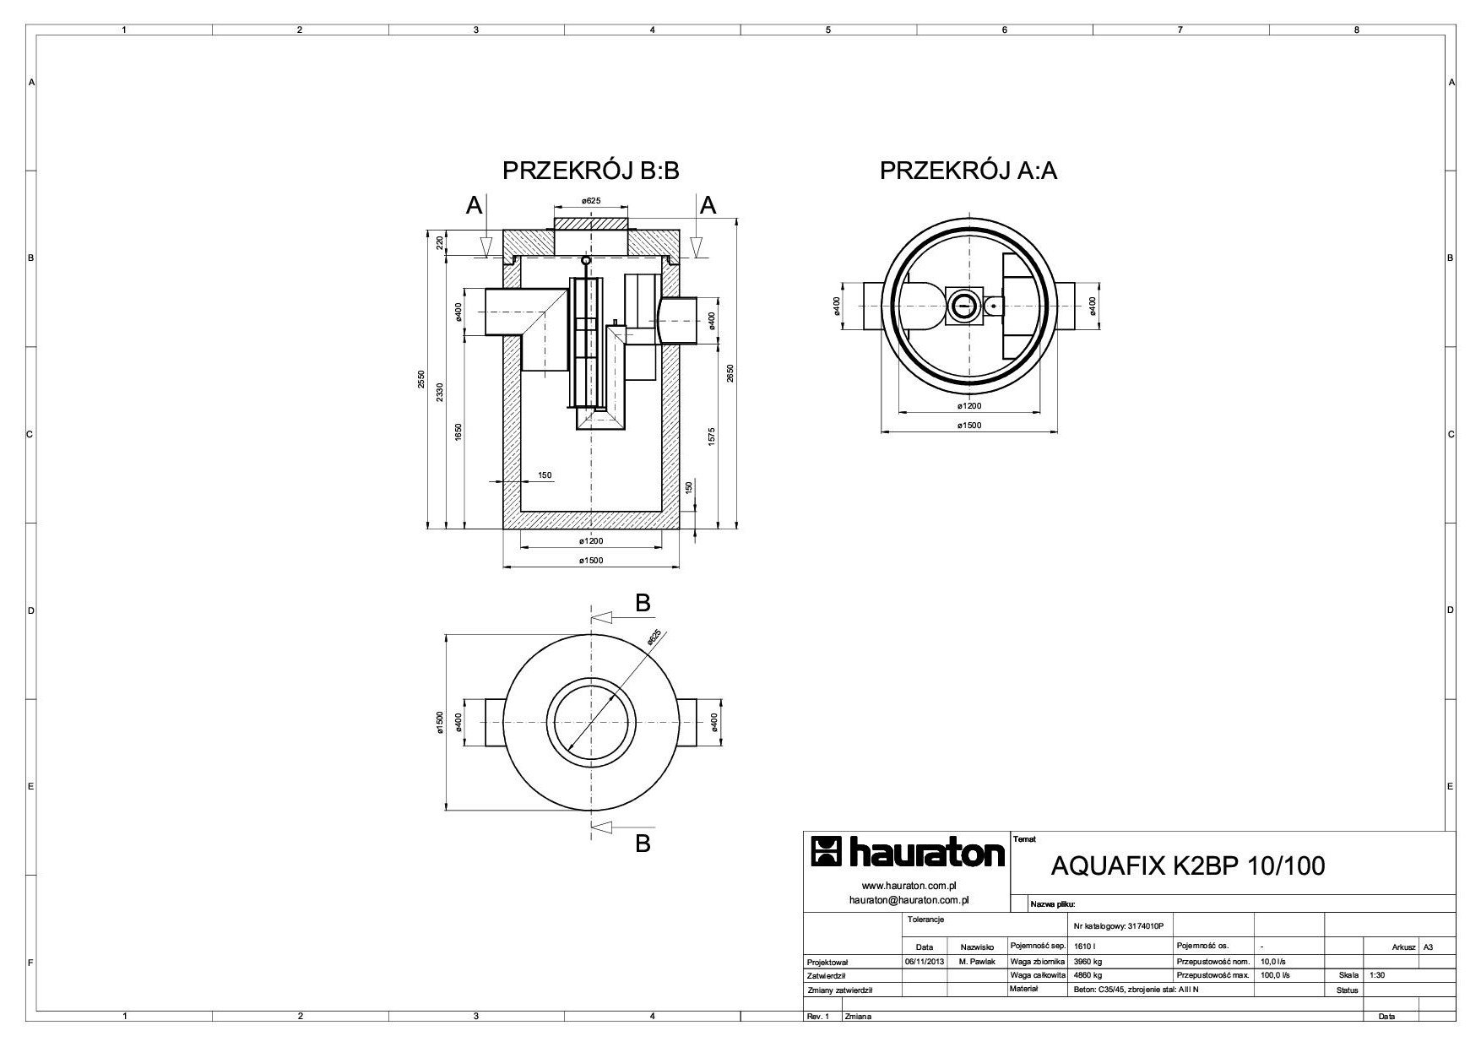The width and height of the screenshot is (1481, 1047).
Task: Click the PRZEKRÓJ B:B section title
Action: (x=591, y=171)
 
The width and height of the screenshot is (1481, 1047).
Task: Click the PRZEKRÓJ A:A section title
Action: (x=968, y=171)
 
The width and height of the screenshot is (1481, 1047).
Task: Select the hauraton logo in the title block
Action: (x=908, y=854)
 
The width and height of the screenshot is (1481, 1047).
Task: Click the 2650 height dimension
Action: (x=731, y=372)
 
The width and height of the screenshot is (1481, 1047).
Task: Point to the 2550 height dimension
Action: (x=421, y=379)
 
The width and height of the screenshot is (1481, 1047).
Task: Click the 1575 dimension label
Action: (x=713, y=437)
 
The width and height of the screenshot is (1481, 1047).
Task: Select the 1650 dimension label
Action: (x=458, y=432)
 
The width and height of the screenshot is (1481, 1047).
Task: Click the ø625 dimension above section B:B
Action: (x=591, y=201)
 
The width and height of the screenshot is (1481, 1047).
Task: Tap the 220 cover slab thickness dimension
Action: (x=440, y=243)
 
